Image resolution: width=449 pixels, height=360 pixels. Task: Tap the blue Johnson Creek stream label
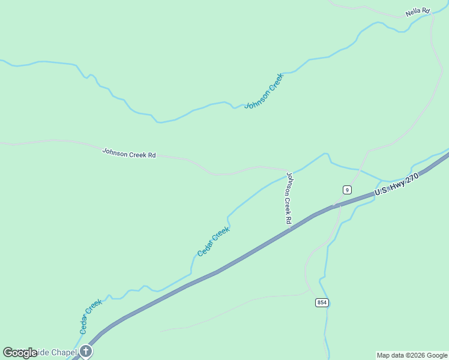[264, 91]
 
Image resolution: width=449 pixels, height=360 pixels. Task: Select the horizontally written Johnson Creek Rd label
[128, 154]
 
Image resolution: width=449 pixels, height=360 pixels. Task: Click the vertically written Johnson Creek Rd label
[289, 198]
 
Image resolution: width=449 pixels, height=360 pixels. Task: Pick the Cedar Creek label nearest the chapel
[91, 316]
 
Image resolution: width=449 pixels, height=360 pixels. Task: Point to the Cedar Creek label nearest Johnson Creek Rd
[213, 241]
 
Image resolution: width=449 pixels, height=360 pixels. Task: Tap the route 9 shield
[347, 190]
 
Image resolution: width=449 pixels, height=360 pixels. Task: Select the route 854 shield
[322, 302]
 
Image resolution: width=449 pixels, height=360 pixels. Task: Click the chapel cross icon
[86, 351]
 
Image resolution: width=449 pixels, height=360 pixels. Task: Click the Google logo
[19, 353]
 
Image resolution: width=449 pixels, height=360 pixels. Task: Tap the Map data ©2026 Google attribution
[412, 355]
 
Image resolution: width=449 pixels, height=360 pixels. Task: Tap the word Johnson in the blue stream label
[256, 98]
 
